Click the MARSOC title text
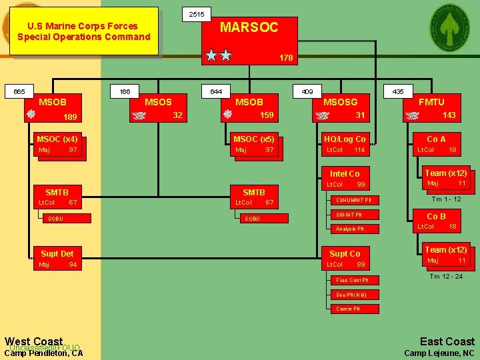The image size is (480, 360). pos(249,27)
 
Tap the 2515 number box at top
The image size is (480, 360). pos(197,14)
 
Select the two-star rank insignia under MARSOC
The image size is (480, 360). pos(218,55)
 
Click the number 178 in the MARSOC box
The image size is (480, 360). pos(285,58)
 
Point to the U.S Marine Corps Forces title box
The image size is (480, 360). pos(84,31)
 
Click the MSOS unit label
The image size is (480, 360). pos(158,102)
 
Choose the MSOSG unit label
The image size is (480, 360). pos(340,102)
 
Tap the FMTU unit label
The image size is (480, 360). pos(431,102)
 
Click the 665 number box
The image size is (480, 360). pos(19,91)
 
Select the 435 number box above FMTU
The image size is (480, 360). pos(398,91)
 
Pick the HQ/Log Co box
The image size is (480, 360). pos(345,139)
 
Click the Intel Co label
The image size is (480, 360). pos(345,173)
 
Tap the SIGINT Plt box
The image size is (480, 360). pos(349,215)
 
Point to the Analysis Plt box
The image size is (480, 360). pos(349,229)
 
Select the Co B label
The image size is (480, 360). pos(436,216)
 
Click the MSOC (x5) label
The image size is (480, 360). pos(253,139)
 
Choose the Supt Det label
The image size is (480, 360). pos(57,253)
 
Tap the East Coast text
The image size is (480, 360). pos(447,341)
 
